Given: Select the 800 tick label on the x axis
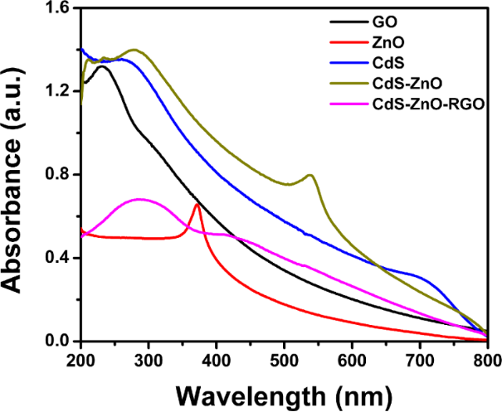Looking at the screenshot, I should click(487, 360).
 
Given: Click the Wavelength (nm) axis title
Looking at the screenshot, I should click(284, 392).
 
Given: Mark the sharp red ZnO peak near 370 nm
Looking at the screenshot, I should click(197, 205).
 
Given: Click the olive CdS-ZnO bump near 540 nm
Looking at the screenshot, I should click(310, 175).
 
